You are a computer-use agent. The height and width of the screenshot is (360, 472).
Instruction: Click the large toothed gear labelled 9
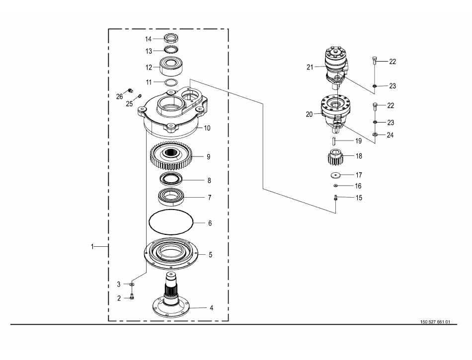tap(171, 155)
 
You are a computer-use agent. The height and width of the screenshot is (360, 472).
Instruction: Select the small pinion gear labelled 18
tap(334, 157)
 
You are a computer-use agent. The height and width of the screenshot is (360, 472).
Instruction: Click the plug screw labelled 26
tap(130, 90)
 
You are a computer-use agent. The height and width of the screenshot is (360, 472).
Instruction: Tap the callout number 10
tap(207, 128)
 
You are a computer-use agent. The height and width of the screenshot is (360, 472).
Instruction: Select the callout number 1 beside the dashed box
tap(92, 247)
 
